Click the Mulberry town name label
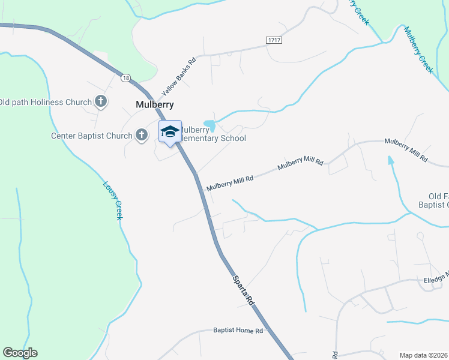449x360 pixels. click(x=155, y=104)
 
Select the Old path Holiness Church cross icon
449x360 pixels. click(x=101, y=102)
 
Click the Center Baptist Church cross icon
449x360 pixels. click(x=142, y=135)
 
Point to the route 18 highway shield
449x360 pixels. click(x=125, y=78)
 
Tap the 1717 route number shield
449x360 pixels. click(x=274, y=39)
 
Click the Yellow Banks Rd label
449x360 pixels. click(x=179, y=77)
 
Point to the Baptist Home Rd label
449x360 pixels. click(x=238, y=331)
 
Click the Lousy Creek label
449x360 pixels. click(x=113, y=200)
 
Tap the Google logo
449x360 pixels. click(x=20, y=353)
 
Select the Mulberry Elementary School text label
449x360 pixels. click(x=213, y=134)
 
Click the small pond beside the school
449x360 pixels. click(x=209, y=125)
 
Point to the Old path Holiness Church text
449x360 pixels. click(x=45, y=102)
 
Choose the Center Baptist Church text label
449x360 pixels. click(x=92, y=136)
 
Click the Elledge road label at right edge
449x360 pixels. click(x=435, y=278)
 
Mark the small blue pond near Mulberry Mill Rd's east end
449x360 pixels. click(x=391, y=160)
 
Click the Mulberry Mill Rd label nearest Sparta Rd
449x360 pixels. click(x=231, y=182)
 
